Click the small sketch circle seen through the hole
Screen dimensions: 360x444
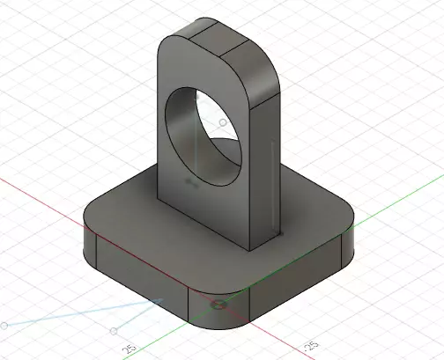click(x=224, y=122)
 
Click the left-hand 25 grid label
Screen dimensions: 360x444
click(x=129, y=349)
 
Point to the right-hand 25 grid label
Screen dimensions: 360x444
click(x=309, y=344)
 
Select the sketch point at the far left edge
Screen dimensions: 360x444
click(x=4, y=326)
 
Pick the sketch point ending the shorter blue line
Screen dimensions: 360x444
click(x=114, y=331)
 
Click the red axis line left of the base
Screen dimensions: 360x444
click(x=44, y=198)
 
